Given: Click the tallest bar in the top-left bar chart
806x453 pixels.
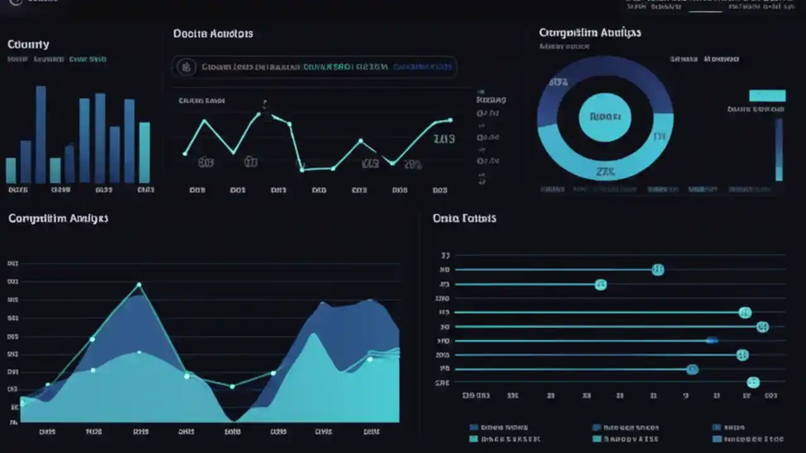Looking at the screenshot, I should [x=41, y=135].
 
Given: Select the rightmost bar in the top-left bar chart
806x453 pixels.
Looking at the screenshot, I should [x=144, y=152].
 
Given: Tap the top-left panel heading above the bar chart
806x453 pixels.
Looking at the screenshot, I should [x=28, y=45].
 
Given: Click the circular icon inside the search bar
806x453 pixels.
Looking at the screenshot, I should [x=186, y=67].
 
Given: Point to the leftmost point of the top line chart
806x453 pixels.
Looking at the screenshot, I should [x=185, y=153].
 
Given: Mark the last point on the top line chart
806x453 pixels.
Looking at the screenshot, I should [x=450, y=120].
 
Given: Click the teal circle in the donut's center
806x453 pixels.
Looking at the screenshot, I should [x=604, y=117].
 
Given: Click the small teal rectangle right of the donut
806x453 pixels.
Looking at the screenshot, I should [x=767, y=96].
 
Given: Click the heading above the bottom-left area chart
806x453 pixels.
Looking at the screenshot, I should [x=58, y=218].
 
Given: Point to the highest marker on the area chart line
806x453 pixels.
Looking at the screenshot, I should [x=139, y=285].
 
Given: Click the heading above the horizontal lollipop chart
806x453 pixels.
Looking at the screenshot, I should [x=464, y=218].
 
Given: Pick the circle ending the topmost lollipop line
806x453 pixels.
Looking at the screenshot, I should [x=657, y=270].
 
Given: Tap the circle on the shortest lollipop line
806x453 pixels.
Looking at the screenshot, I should [x=601, y=284].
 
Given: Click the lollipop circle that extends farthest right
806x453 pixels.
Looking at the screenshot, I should [x=763, y=327].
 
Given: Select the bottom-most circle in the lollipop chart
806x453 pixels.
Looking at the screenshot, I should [x=753, y=382].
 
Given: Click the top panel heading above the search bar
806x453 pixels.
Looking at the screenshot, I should [x=213, y=33].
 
